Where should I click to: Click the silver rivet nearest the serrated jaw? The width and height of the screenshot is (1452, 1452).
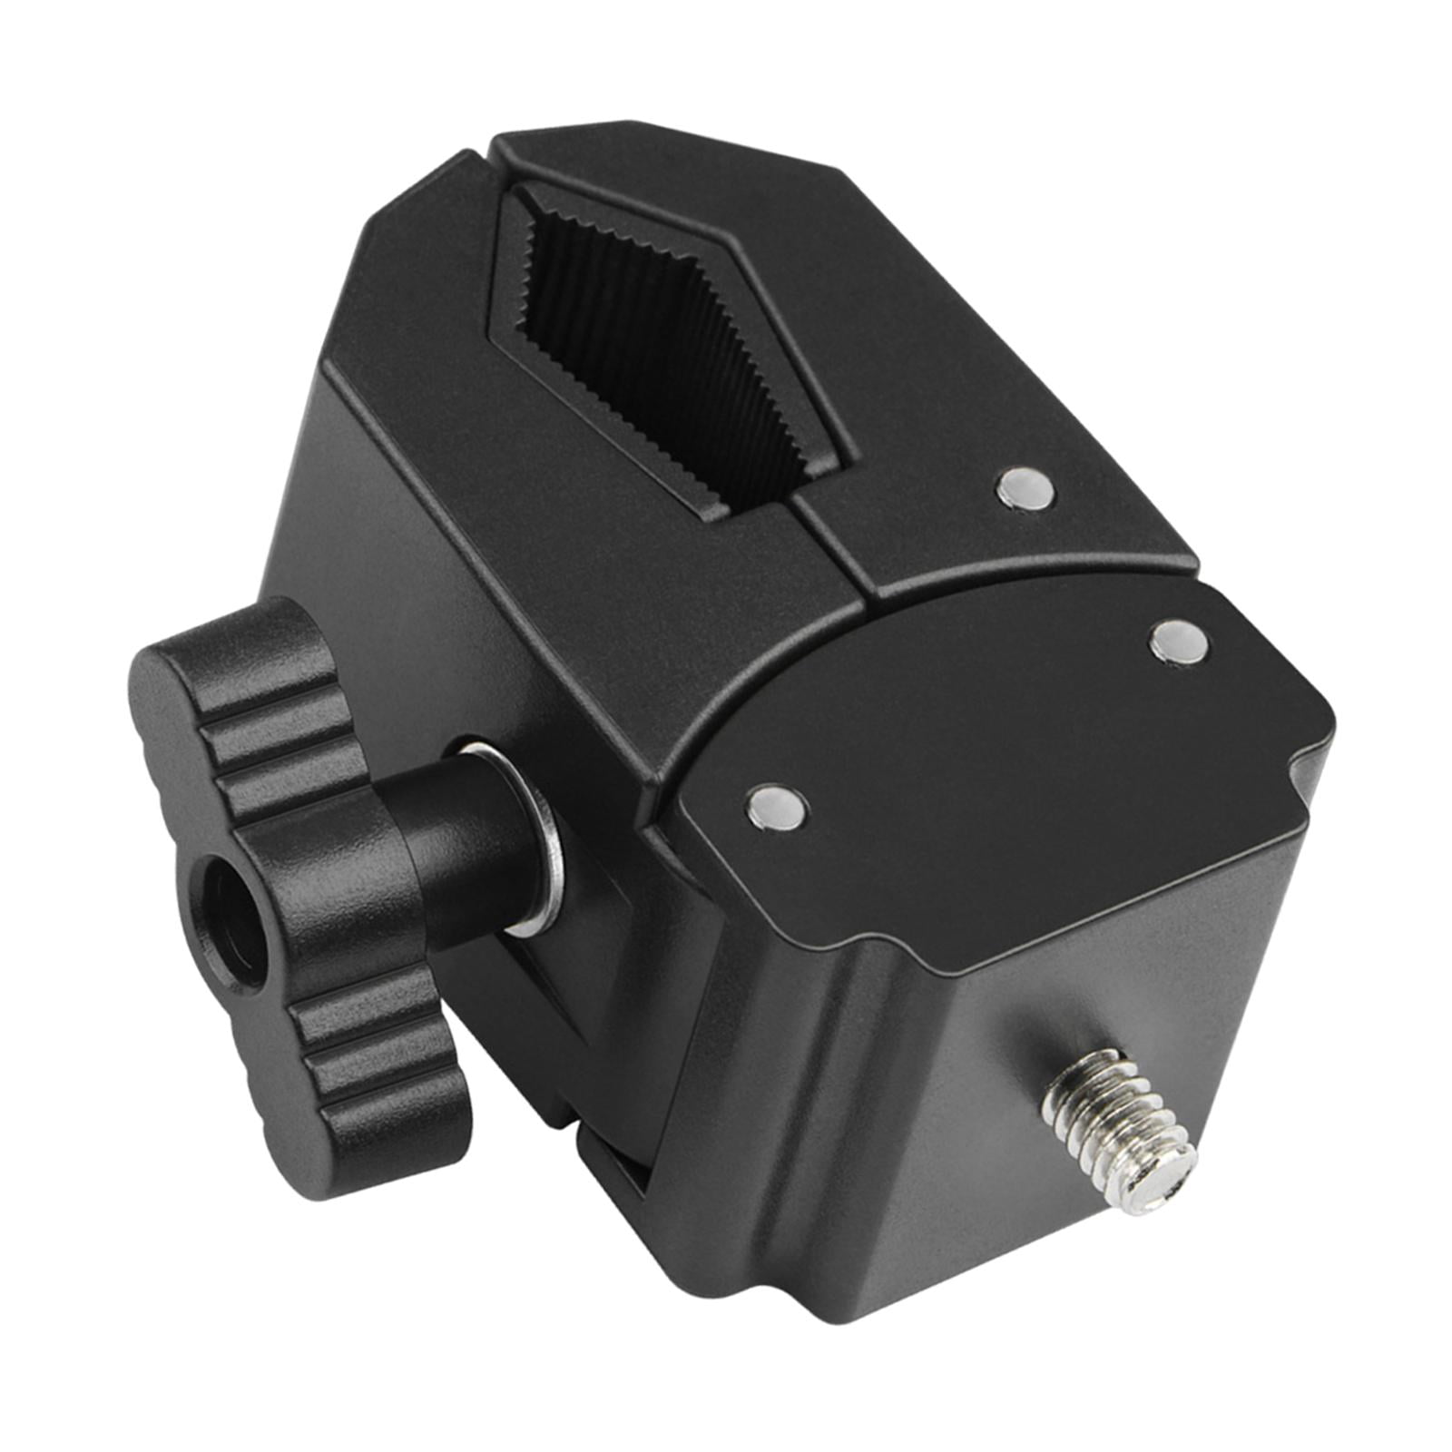coord(1026,489)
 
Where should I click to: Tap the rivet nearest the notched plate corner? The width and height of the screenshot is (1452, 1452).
coord(1178,643)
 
